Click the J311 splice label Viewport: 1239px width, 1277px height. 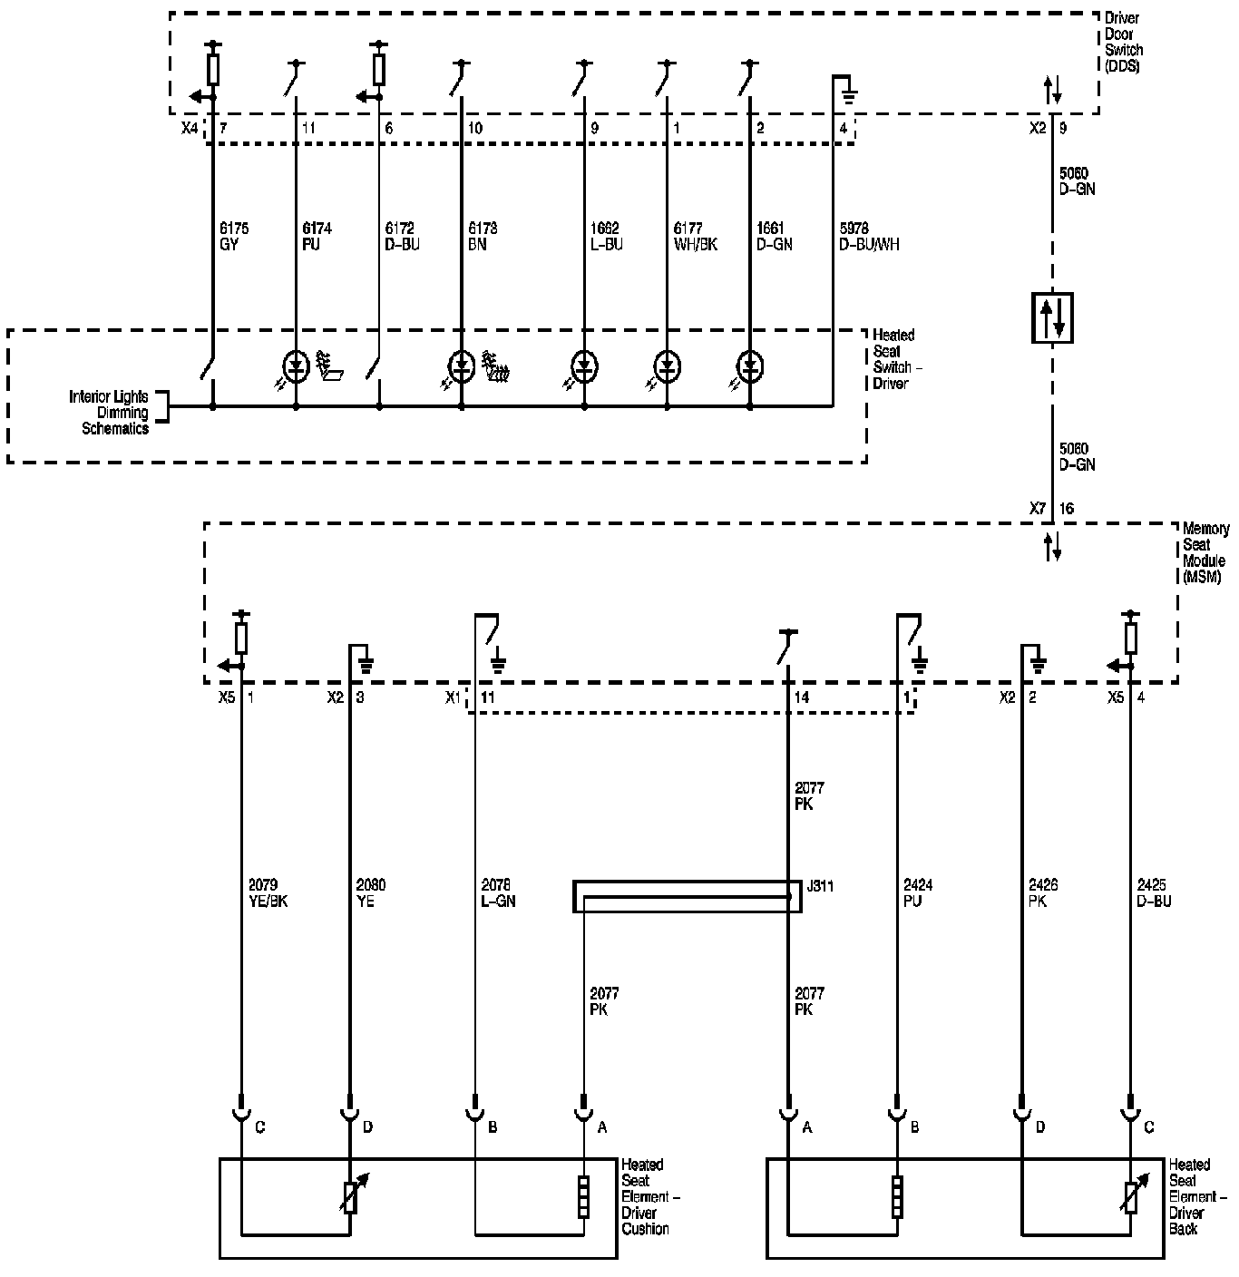820,886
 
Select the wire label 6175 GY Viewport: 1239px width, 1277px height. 234,237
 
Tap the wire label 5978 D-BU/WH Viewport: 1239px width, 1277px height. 870,237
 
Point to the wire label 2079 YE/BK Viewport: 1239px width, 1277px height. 268,893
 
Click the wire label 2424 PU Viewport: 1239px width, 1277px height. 917,893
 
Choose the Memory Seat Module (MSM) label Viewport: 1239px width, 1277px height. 1206,552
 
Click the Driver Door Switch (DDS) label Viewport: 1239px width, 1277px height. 1123,43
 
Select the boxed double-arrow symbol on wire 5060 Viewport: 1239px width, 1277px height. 1052,317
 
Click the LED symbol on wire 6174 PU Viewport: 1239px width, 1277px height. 296,366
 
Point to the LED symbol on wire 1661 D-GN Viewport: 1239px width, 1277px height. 749,366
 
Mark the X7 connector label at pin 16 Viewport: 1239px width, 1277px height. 1039,509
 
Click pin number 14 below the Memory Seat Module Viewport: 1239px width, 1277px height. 801,697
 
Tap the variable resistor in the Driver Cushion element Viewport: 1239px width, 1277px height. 350,1197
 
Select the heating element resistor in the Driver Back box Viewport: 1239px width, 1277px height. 897,1196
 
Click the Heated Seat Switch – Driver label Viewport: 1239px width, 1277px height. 893,359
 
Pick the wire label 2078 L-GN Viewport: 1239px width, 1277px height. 498,893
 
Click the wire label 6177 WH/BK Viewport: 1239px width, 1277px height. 696,237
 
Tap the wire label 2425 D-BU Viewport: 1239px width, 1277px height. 1154,893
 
